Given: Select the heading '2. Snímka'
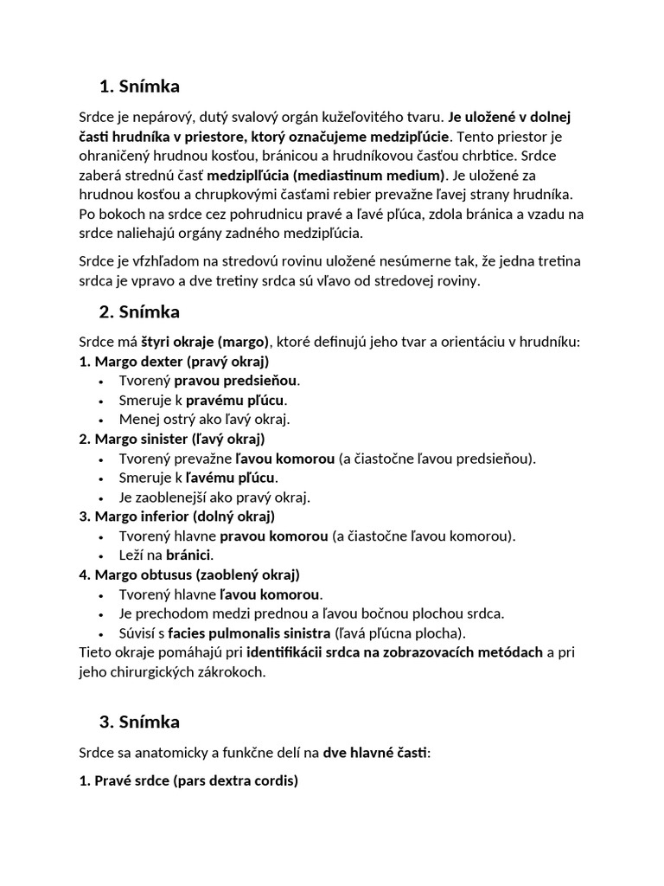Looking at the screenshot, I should pos(140,311).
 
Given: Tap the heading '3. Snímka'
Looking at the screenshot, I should pos(140,721).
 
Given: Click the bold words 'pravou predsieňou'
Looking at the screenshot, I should pos(236,381).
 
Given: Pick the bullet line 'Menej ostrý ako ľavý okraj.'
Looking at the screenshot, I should pos(204,419).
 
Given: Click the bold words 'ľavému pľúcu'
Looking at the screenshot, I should pos(232,478).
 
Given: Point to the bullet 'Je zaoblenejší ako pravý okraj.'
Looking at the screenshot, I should pos(214,497).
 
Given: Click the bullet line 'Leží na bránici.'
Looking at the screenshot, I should pos(166,555).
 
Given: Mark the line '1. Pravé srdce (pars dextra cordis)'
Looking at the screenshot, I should pos(188,780).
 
